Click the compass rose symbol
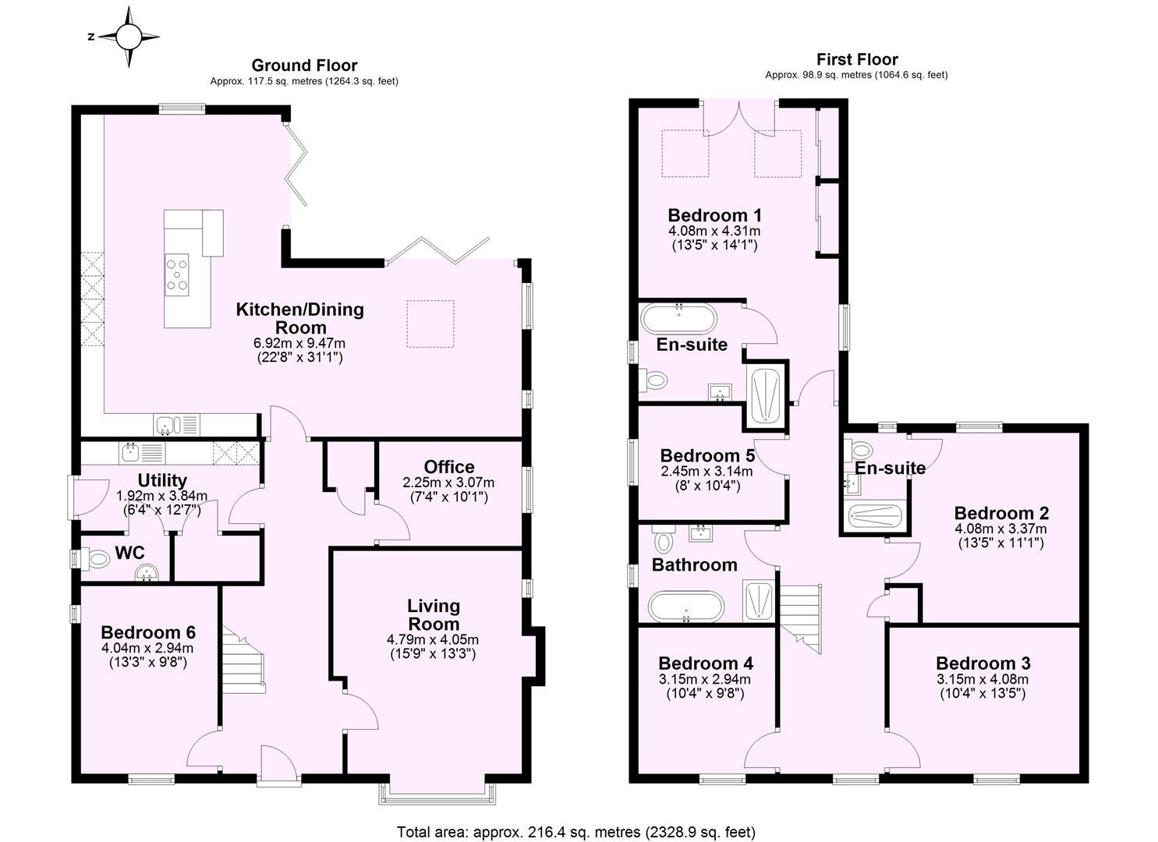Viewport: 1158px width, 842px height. [x=129, y=36]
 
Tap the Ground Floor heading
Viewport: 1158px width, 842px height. [x=304, y=65]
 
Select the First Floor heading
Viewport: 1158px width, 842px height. [x=856, y=59]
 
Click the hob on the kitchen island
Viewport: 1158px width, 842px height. [x=177, y=274]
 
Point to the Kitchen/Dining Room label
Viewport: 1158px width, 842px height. [x=300, y=318]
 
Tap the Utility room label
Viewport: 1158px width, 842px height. [x=162, y=480]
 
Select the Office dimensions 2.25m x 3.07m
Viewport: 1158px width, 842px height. [x=448, y=483]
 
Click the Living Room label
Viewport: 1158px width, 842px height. [x=434, y=614]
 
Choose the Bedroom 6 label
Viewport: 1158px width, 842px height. [x=147, y=631]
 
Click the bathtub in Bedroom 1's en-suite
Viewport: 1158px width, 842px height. [x=678, y=318]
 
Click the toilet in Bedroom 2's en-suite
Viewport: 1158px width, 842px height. [x=861, y=451]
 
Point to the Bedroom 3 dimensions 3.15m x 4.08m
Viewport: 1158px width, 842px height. [x=983, y=679]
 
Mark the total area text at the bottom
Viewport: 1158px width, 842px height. [x=575, y=832]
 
